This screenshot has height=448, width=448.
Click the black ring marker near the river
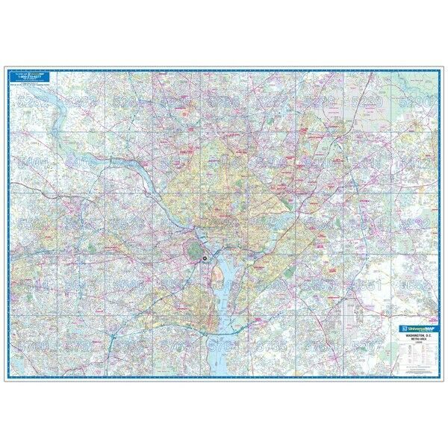click(x=203, y=258)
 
